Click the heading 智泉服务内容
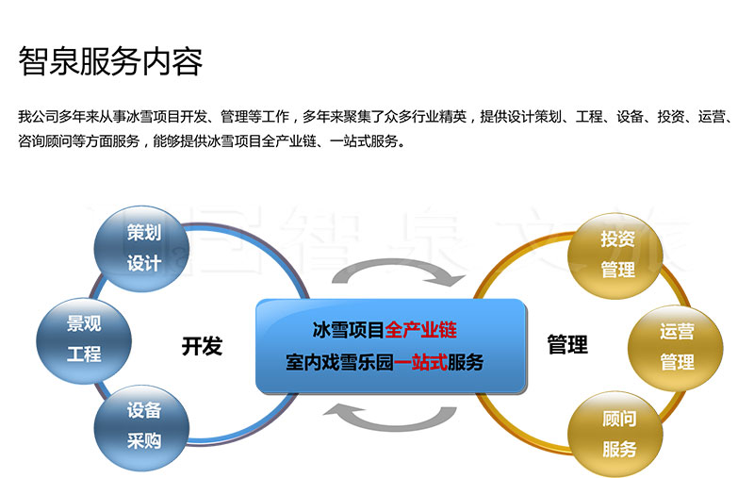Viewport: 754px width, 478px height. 110,61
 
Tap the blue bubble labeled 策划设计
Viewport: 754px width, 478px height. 140,249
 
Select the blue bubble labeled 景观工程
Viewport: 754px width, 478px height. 84,340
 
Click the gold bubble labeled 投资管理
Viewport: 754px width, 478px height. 615,255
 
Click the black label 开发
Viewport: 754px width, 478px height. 202,346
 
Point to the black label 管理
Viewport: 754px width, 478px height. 567,345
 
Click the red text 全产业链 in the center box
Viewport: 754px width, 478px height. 420,330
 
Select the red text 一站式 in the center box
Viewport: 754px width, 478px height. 420,362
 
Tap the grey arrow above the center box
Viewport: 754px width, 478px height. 399,272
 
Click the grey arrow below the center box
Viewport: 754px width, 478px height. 389,418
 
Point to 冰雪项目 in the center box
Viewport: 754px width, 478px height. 349,330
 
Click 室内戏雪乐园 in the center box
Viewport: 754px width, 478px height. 339,362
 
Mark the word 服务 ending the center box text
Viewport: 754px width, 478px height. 466,362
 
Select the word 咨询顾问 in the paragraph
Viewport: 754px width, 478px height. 44,140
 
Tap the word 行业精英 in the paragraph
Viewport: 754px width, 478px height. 439,116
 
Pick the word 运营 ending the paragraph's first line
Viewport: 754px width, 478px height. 712,116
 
